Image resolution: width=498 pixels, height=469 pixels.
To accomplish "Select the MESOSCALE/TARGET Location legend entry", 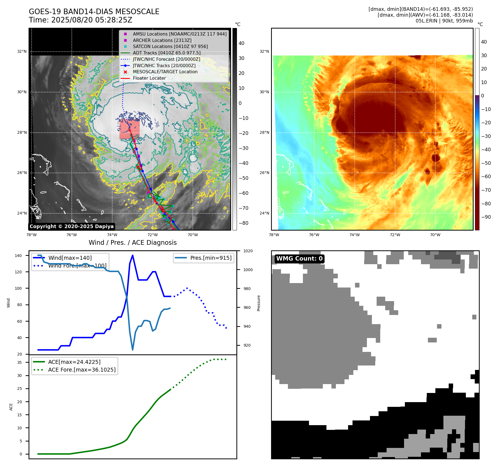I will (165, 72).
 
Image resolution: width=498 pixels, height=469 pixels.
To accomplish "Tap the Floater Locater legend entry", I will (149, 78).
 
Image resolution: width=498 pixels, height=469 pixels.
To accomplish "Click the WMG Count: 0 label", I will (299, 259).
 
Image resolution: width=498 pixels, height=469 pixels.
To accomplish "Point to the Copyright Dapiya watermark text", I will (71, 226).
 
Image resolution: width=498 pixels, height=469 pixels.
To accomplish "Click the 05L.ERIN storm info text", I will (444, 21).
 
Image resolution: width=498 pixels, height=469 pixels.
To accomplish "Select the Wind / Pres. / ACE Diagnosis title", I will (132, 243).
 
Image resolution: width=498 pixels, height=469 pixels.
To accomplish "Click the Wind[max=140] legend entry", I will (70, 258).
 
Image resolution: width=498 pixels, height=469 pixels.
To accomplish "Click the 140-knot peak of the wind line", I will (132, 255).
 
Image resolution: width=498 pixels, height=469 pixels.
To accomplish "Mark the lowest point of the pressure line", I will (132, 350).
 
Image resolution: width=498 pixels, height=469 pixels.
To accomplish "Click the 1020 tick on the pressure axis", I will (248, 251).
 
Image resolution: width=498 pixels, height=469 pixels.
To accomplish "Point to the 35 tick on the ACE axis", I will (19, 362).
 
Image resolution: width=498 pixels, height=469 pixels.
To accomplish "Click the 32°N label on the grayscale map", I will (22, 51).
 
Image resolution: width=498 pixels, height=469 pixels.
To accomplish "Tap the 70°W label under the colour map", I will (435, 235).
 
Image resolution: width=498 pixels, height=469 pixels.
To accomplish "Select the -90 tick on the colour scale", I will (486, 217).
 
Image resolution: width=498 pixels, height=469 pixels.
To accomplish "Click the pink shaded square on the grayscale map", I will (129, 129).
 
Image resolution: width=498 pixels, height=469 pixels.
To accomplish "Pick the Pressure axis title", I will (259, 303).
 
